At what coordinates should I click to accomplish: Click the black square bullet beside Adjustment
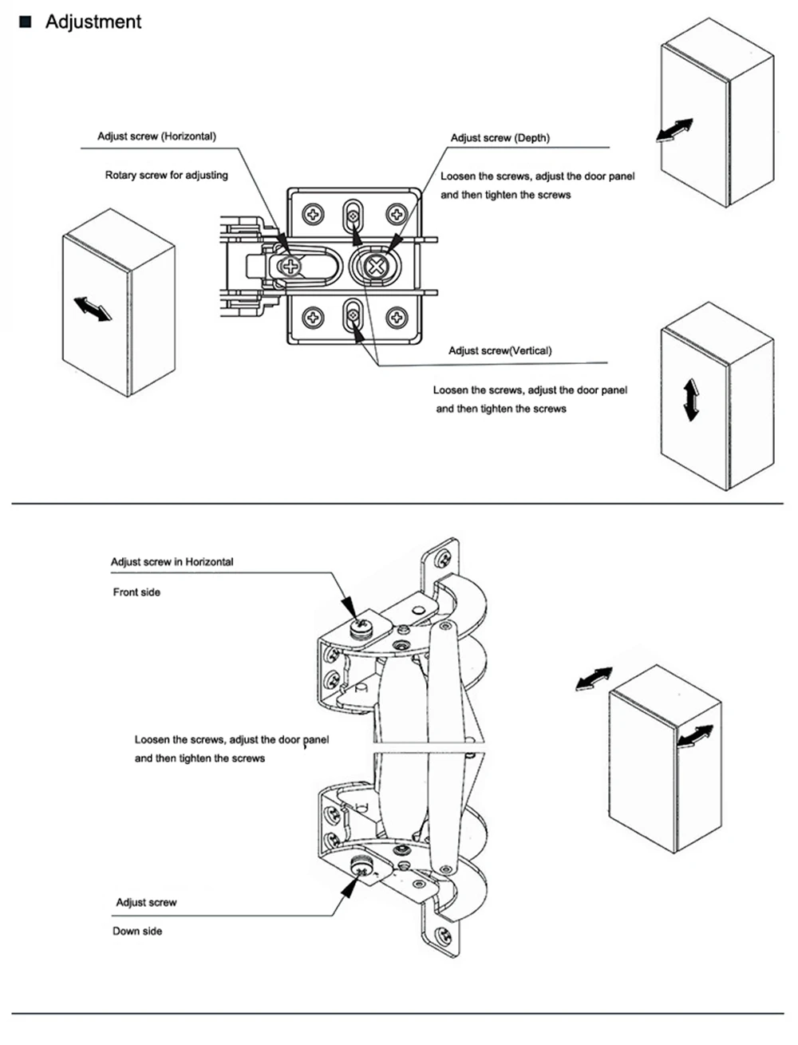[x=26, y=22]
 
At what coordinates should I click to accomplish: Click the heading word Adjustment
[x=93, y=22]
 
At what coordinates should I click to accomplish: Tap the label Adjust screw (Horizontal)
[x=156, y=137]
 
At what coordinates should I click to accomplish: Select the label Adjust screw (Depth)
[x=500, y=138]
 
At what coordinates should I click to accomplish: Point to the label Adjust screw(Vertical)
[x=500, y=351]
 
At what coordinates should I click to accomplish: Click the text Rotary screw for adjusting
[x=167, y=175]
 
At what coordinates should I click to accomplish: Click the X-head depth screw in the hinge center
[x=376, y=266]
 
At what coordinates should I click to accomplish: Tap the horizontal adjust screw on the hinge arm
[x=290, y=266]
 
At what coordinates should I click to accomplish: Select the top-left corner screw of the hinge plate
[x=313, y=214]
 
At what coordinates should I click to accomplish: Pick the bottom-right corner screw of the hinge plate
[x=397, y=318]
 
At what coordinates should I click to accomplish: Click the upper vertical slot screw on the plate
[x=353, y=216]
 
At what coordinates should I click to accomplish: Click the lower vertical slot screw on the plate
[x=353, y=315]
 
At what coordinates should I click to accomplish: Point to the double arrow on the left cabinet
[x=93, y=309]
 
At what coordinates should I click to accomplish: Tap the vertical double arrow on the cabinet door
[x=691, y=400]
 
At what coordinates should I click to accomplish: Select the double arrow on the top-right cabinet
[x=675, y=130]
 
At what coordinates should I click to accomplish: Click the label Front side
[x=136, y=592]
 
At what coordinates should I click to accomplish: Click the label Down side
[x=137, y=931]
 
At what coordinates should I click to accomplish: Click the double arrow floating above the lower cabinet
[x=594, y=679]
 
